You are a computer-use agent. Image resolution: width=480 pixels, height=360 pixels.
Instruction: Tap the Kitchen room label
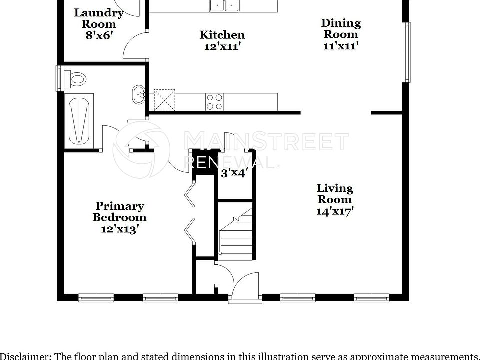coord(222,35)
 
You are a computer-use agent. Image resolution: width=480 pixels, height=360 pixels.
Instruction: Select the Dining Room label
coord(340,28)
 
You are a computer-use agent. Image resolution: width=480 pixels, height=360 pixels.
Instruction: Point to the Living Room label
coord(335,194)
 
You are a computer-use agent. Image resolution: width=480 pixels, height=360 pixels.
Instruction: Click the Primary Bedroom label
coord(120,212)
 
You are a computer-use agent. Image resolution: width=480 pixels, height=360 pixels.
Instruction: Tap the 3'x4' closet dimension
coord(234,173)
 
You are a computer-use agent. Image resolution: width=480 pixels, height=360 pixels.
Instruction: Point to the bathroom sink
coord(138,94)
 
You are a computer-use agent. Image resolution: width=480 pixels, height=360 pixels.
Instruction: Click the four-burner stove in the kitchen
coord(215,102)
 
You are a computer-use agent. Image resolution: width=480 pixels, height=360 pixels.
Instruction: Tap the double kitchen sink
coord(225,5)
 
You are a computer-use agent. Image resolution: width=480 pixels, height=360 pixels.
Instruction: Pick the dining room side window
coord(407,52)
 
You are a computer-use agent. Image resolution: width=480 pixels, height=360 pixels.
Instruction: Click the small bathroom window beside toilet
coord(60,78)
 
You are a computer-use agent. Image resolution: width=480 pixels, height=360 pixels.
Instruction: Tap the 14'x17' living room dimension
coord(335,211)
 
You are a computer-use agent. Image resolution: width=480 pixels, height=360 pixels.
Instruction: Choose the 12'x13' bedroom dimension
coord(120,229)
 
